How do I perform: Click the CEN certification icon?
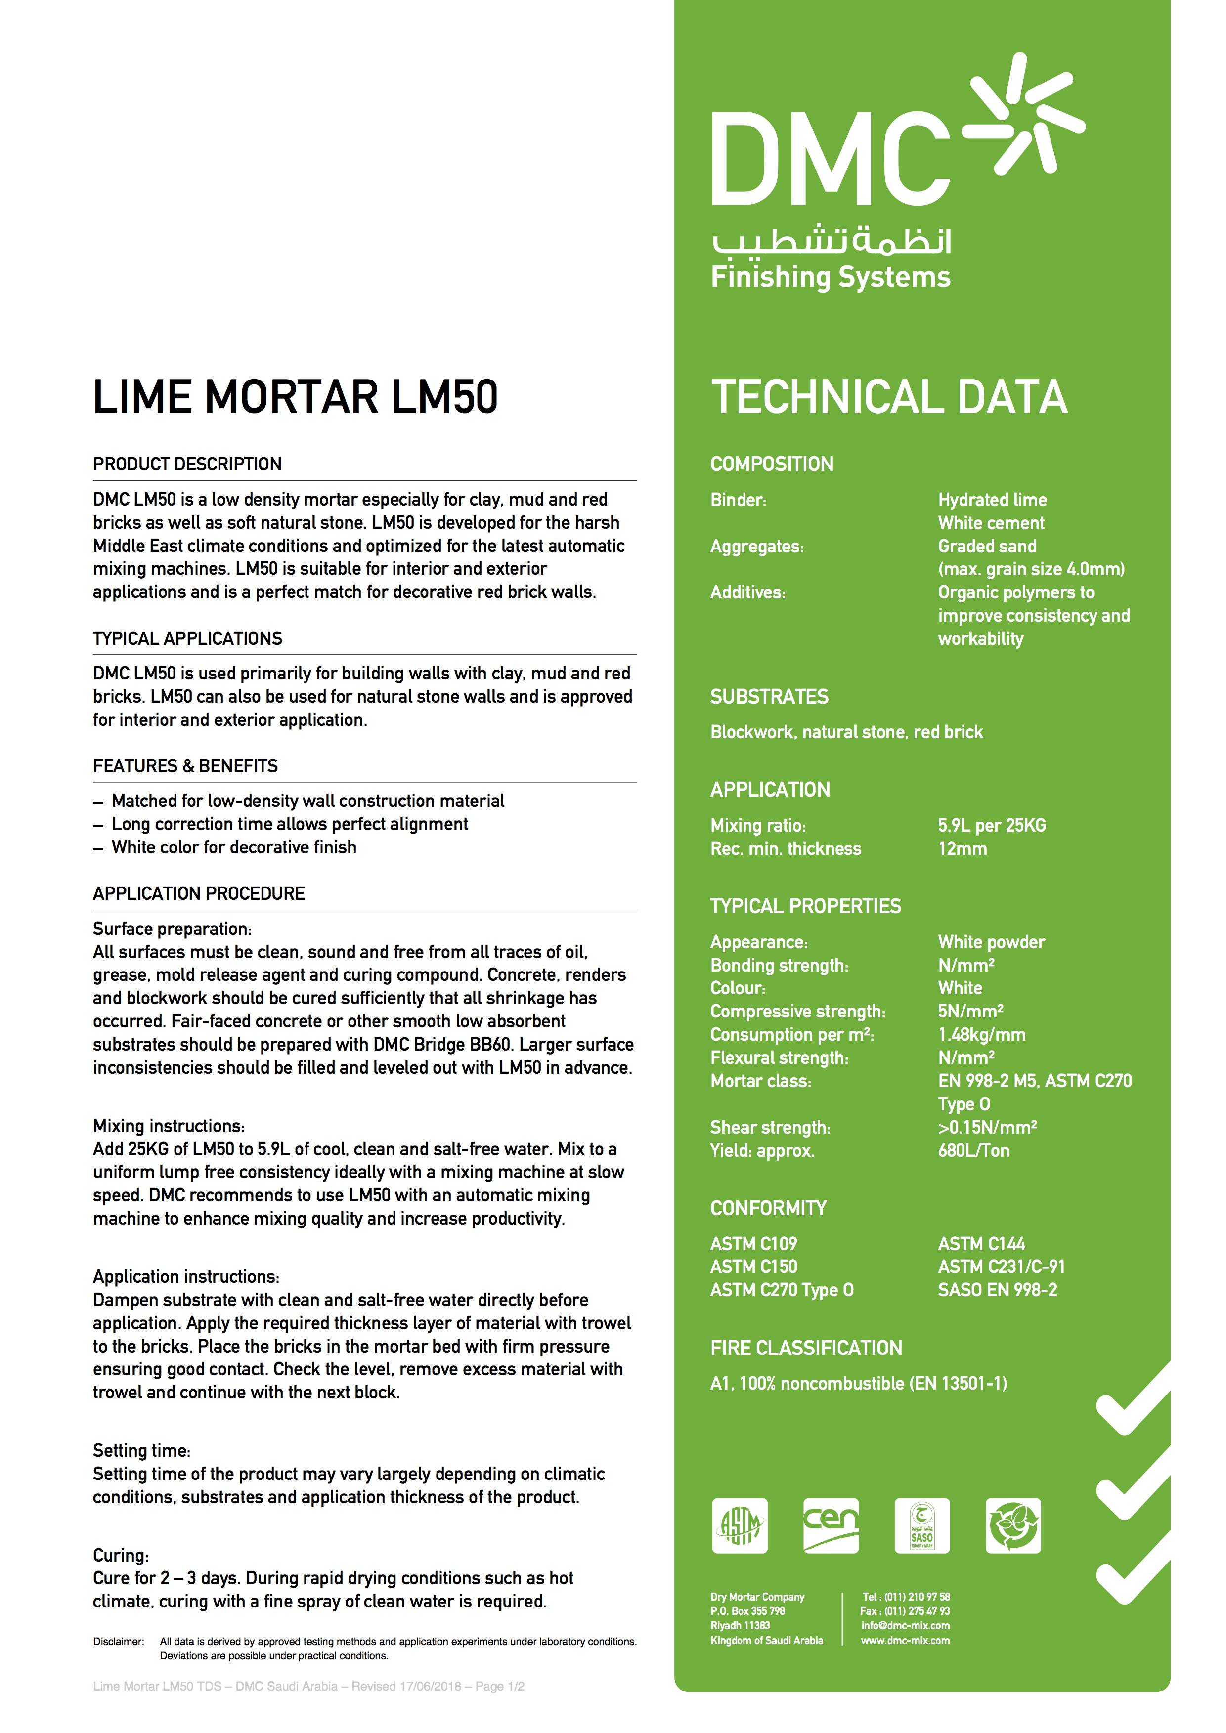[x=831, y=1525]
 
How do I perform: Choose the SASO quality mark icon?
[x=922, y=1525]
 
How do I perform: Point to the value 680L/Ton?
[x=973, y=1150]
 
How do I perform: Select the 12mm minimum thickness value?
[x=963, y=848]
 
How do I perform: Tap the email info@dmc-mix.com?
[x=905, y=1626]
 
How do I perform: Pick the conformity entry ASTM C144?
[x=981, y=1243]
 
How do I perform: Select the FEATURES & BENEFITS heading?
[x=185, y=766]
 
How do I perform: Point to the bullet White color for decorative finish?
[x=234, y=847]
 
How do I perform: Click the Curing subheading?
[x=121, y=1555]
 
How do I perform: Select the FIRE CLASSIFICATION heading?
[x=805, y=1348]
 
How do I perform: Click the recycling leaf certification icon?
[x=1013, y=1525]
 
